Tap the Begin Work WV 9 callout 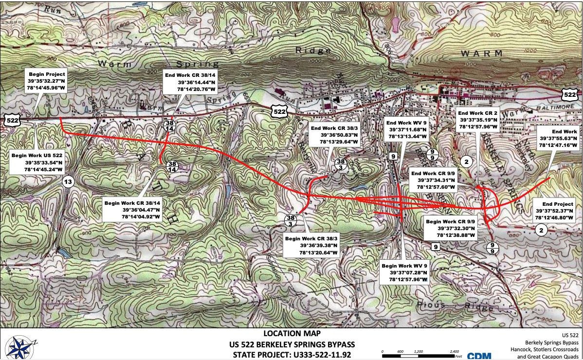404,272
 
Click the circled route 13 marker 68,182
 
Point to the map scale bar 420,355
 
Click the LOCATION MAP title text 291,334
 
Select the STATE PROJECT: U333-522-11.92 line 291,355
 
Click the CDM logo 479,356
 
